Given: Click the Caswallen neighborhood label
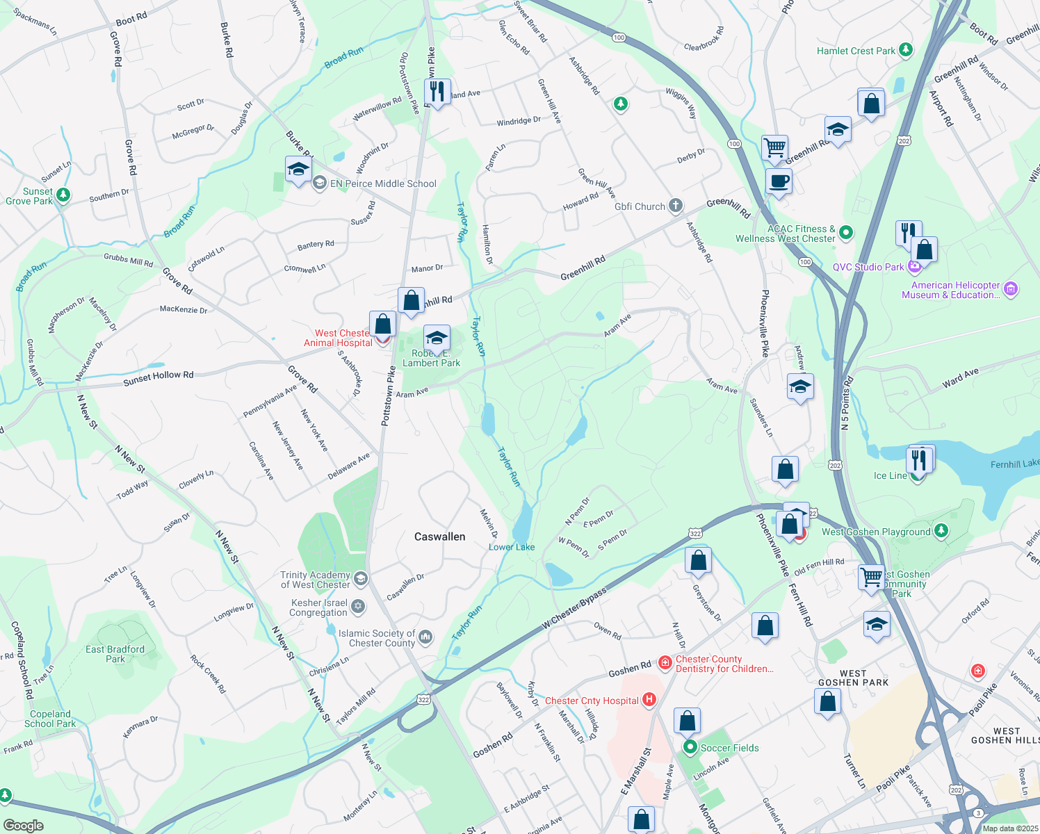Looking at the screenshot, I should coord(439,537).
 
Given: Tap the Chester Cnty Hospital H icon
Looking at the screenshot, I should coord(649,700).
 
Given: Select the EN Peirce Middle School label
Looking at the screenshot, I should coord(383,183).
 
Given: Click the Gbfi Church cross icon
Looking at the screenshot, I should coord(676,206).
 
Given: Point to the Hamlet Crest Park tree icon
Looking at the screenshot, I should coord(905,50).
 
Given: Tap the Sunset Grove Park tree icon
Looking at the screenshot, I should coord(63,195).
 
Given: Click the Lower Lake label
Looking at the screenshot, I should coord(512,547).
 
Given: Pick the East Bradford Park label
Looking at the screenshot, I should coord(115,654).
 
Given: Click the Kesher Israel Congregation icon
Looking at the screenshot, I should coord(358,606).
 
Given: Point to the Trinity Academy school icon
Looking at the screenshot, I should coord(360,578).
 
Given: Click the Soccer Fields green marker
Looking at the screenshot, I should coord(690,748).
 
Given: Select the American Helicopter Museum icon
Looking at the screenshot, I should coord(1011,289).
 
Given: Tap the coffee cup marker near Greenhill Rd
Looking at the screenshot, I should coord(779,182).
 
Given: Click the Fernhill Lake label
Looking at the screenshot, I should coord(1015,464).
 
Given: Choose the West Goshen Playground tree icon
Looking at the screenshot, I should coord(941,531).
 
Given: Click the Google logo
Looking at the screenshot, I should coord(23,825).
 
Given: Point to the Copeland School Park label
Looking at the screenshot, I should coord(50,719).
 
